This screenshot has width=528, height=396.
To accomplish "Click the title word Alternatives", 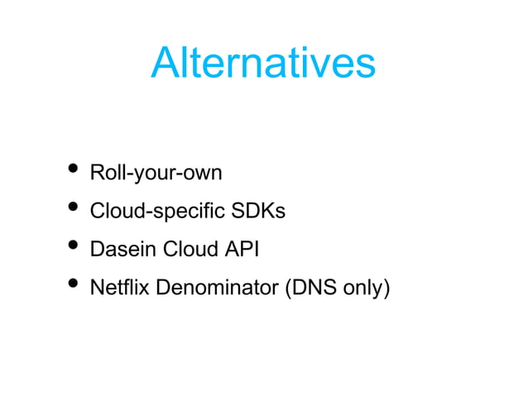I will tap(263, 63).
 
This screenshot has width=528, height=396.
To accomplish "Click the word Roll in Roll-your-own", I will tap(104, 174).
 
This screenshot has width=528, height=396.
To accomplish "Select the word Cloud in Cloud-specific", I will tap(113, 212).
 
